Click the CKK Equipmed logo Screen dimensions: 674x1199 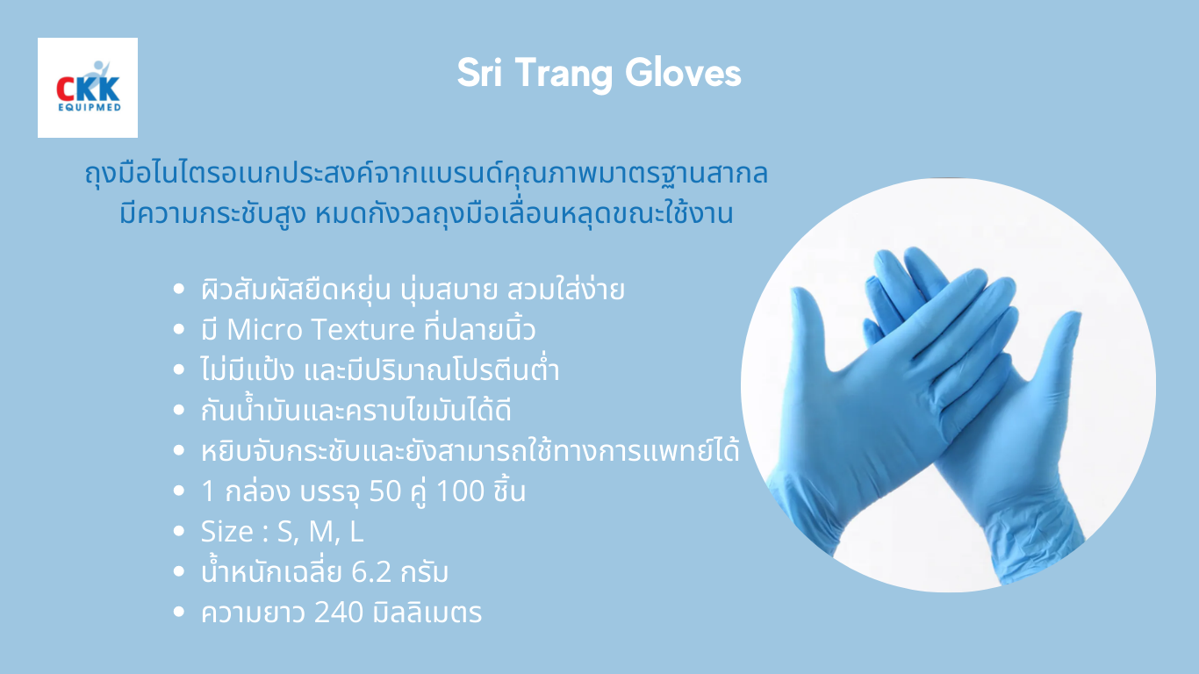[x=88, y=88]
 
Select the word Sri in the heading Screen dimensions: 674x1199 [x=481, y=75]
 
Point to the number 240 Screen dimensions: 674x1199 [x=338, y=613]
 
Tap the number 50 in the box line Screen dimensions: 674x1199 [x=384, y=491]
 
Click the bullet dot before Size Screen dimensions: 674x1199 [x=180, y=532]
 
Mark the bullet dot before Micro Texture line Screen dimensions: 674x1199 [x=180, y=331]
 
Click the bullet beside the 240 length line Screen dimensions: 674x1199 [x=180, y=613]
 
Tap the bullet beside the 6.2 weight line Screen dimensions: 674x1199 [x=180, y=573]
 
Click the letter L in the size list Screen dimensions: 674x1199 [x=356, y=532]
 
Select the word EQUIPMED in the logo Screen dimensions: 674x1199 [x=88, y=108]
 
